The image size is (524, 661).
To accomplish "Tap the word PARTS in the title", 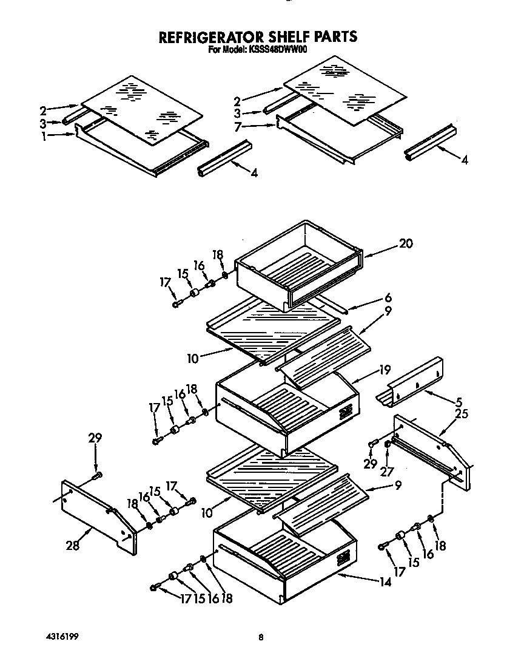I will coord(331,38).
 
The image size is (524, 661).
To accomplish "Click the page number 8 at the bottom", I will coord(261,637).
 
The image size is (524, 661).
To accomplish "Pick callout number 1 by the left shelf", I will coord(44,136).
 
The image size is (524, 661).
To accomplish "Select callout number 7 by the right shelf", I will coord(238,126).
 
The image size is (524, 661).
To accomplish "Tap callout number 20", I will coord(406,243).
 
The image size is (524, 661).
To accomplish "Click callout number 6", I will coord(388,298).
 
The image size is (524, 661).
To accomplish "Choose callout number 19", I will coord(385,368).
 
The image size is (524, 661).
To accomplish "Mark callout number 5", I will coord(458,401).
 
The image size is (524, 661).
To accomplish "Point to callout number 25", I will coord(462,414).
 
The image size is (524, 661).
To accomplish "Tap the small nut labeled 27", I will coord(388,446).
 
